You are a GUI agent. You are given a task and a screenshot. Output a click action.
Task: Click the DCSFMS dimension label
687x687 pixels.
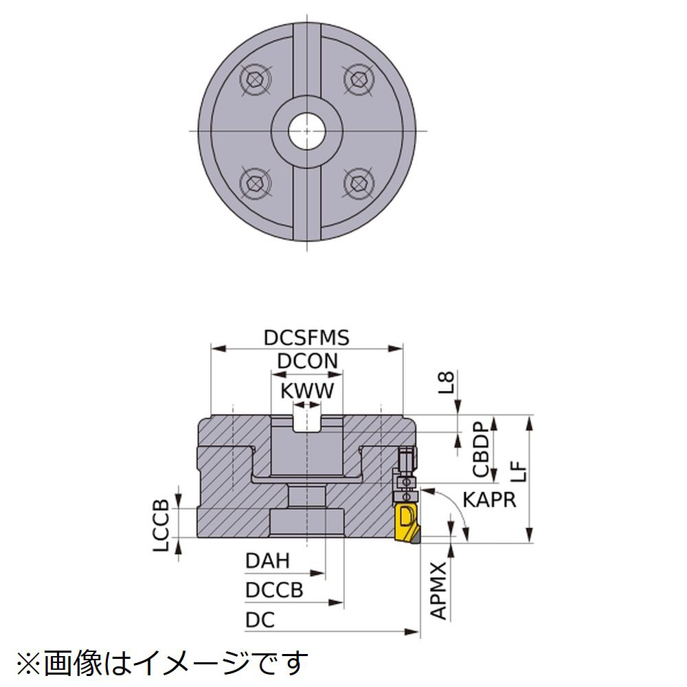pos(306,338)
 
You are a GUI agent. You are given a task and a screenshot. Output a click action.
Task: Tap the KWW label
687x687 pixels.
pos(306,391)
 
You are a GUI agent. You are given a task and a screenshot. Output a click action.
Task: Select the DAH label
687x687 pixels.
pos(267,561)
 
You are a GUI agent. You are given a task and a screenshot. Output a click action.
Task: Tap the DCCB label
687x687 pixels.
pos(273,591)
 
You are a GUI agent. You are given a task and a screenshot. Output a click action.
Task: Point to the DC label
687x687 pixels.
pos(260,620)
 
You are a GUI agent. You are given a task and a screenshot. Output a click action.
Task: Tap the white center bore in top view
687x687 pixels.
pos(306,129)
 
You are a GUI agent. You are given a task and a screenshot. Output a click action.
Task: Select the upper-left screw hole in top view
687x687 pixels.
pos(254,79)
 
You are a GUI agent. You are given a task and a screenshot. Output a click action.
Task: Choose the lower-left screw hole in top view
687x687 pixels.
pos(254,182)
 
